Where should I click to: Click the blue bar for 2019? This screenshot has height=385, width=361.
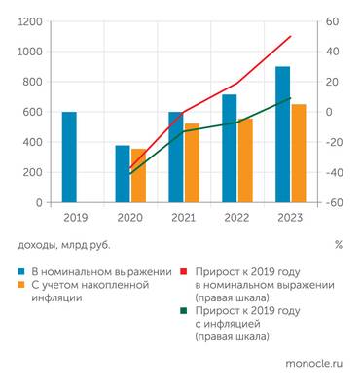pos(69,157)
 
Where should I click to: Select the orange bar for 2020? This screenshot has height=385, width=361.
pos(140,176)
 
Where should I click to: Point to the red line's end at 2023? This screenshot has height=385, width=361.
pos(290,37)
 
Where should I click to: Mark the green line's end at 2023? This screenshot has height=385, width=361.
pos(290,98)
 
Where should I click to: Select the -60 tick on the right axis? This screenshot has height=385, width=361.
pos(332,202)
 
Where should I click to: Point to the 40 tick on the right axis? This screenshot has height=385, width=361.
pos(330,52)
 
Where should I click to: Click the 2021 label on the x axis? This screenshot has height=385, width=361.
pos(183,219)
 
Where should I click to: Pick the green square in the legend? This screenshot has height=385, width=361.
pos(185,312)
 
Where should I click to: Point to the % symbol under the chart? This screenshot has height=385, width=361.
pos(338,245)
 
